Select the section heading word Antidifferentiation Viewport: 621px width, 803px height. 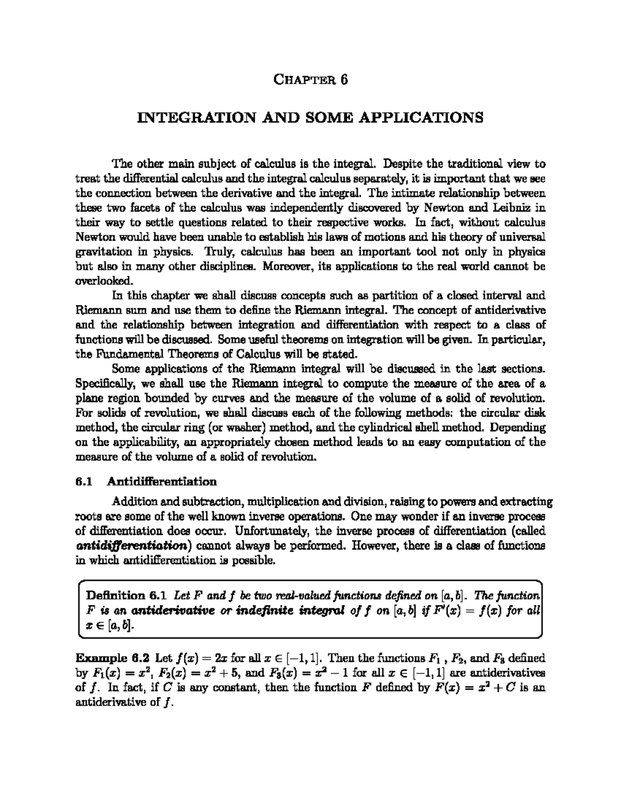(161, 482)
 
